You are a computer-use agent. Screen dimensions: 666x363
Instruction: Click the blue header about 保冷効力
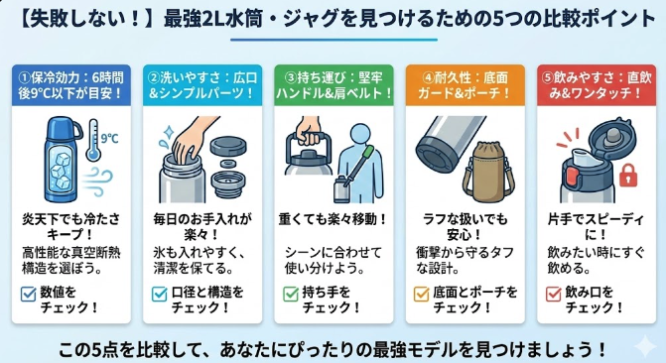tap(70, 85)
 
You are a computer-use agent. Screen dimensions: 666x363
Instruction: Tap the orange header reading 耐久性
tap(466, 85)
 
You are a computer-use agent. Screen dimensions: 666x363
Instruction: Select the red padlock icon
tap(628, 175)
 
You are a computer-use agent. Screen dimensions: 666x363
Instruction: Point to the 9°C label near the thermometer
tap(109, 139)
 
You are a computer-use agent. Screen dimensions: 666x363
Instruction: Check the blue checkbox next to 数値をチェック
tap(28, 294)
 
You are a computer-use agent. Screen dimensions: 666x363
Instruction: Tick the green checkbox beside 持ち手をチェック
tap(291, 294)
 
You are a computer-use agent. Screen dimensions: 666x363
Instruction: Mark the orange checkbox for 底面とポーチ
tap(421, 294)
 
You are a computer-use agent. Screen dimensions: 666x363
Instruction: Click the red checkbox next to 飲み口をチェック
tap(554, 294)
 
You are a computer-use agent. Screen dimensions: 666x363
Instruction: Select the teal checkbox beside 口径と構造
tap(159, 294)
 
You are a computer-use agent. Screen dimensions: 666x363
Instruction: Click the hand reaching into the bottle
tap(192, 140)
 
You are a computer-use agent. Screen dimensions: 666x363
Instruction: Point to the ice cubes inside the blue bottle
tap(61, 169)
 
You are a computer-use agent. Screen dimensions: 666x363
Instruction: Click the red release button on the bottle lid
tap(573, 178)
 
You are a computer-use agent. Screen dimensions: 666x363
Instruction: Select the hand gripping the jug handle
tap(309, 130)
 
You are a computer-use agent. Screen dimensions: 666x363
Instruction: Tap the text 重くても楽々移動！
tap(333, 220)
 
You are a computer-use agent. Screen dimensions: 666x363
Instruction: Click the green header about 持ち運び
tap(333, 85)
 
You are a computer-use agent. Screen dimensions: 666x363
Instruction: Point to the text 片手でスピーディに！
tap(596, 227)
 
